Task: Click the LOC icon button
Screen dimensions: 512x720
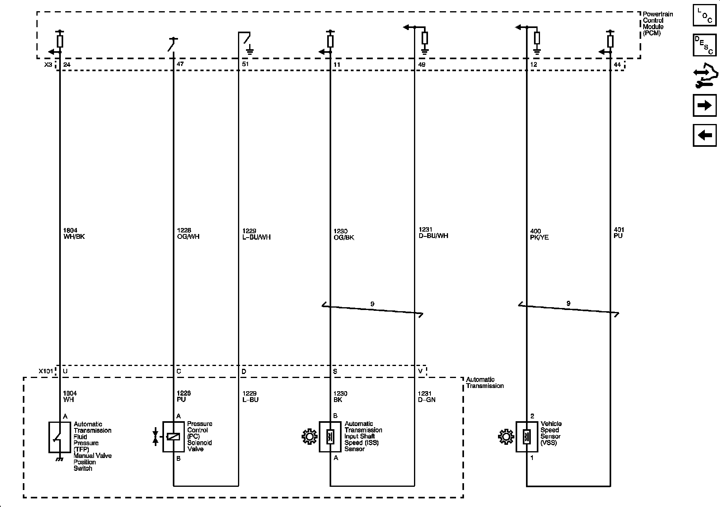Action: [x=704, y=16]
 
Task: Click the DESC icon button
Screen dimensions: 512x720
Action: [x=704, y=45]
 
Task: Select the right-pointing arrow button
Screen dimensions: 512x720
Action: [x=704, y=106]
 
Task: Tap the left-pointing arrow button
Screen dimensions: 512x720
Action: [x=704, y=135]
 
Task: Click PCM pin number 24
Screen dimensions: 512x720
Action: [x=67, y=64]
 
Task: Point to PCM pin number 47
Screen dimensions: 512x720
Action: [x=180, y=64]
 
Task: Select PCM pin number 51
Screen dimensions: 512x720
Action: [x=245, y=64]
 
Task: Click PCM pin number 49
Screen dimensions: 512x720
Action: [x=422, y=64]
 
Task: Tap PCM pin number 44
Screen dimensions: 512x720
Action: [x=617, y=64]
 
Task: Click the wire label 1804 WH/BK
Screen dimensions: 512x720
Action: [x=74, y=234]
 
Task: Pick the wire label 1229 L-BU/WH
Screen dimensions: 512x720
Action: [x=256, y=234]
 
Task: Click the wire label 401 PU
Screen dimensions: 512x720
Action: [x=619, y=233]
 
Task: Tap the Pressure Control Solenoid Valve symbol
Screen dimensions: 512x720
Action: [x=173, y=437]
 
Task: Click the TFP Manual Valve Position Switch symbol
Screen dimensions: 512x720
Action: [x=60, y=437]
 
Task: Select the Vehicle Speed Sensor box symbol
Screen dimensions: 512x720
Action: [x=526, y=437]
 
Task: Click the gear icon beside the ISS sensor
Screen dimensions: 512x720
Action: [x=309, y=437]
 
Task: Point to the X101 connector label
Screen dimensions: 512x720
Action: [x=46, y=371]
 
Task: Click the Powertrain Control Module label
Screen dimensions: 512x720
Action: [x=658, y=24]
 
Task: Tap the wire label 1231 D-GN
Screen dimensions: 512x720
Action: [x=427, y=396]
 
